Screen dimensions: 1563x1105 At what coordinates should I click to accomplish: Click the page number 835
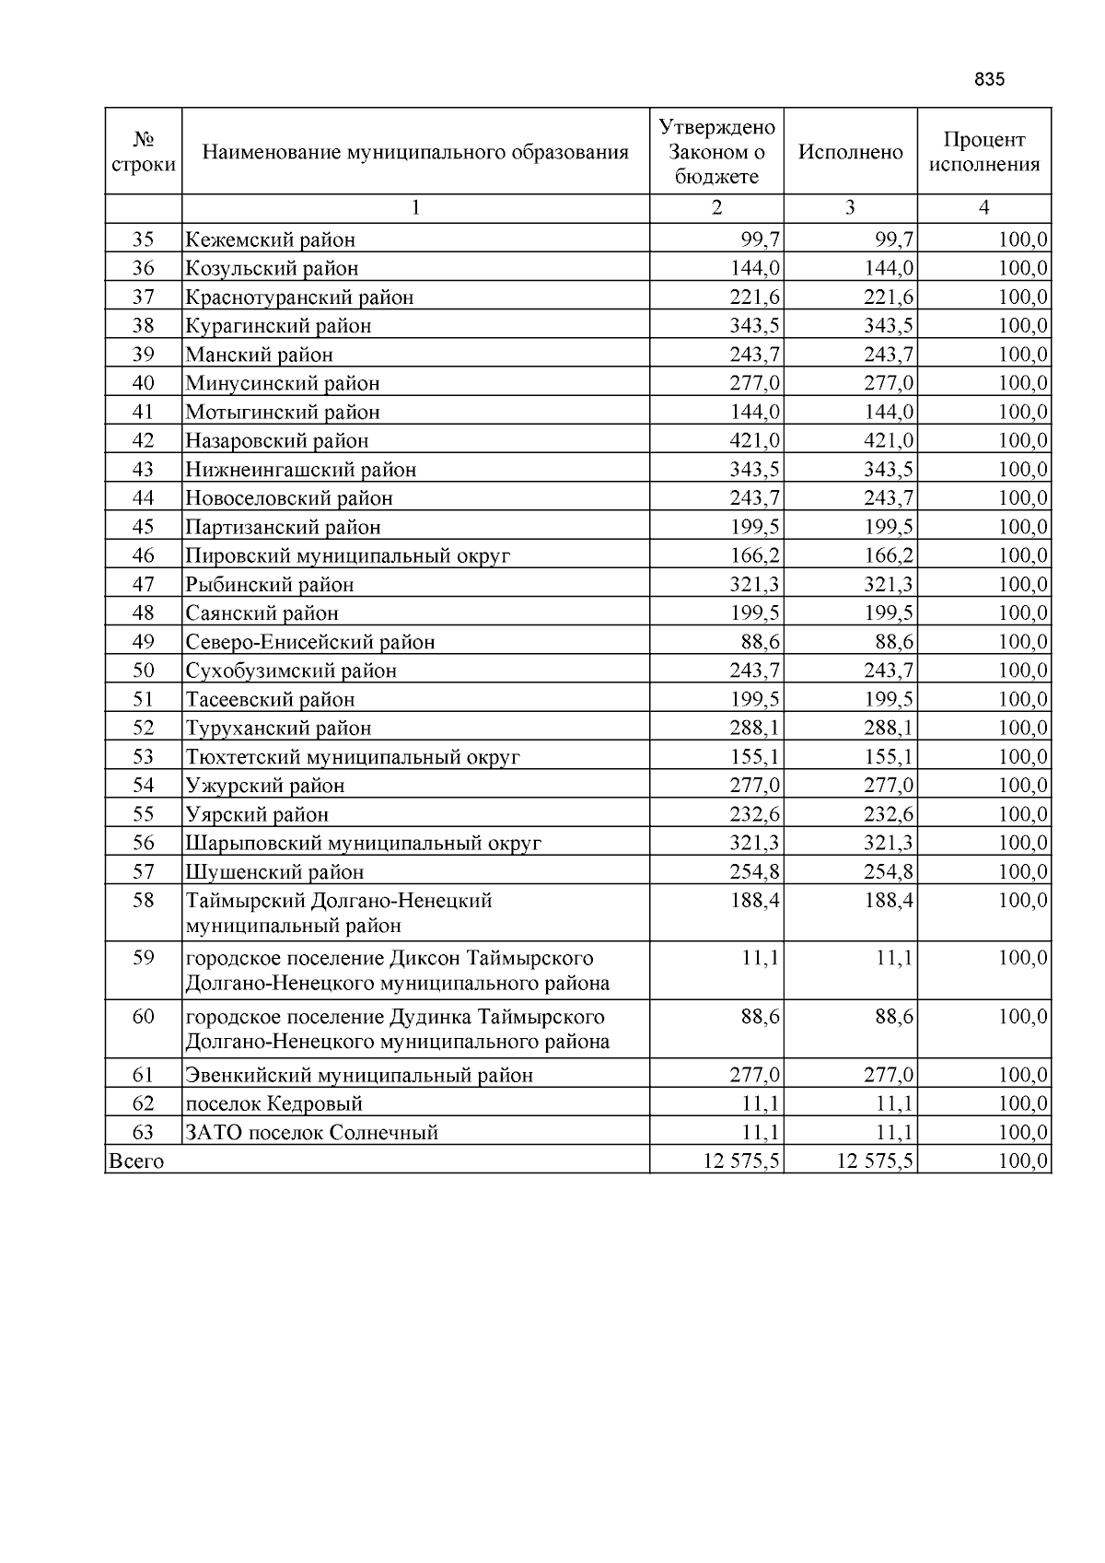tap(989, 79)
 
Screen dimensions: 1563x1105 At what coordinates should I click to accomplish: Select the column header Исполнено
tap(850, 152)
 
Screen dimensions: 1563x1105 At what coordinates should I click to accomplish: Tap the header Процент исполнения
tap(983, 152)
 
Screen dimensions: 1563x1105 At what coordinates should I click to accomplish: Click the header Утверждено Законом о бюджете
tap(716, 152)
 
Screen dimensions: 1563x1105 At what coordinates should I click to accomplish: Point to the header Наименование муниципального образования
tap(415, 152)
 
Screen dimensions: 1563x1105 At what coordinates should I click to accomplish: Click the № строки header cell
tap(143, 152)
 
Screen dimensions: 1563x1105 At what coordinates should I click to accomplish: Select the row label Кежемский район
tap(271, 240)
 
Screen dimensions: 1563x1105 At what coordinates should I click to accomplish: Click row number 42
tap(143, 440)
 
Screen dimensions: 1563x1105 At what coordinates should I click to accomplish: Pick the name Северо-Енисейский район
tap(310, 642)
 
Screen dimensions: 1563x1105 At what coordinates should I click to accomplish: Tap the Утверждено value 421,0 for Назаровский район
tap(755, 440)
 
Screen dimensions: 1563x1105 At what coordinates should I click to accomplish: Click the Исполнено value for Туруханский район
tap(889, 728)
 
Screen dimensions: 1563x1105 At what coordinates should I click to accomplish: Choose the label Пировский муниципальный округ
tap(348, 555)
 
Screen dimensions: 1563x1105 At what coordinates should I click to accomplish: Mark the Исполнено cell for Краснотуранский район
tap(889, 297)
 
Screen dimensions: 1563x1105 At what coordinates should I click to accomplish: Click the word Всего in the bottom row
tap(136, 1161)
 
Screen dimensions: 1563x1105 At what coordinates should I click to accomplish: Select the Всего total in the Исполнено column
tap(875, 1161)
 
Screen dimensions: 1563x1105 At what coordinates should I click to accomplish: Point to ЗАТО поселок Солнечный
tap(312, 1133)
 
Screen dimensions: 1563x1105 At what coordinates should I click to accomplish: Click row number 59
tap(143, 958)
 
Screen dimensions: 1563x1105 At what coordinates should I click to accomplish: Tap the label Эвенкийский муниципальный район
tap(360, 1075)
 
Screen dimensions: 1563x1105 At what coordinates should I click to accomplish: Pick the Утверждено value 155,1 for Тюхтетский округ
tap(755, 757)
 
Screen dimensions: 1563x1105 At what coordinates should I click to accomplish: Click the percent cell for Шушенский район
tap(1023, 871)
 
